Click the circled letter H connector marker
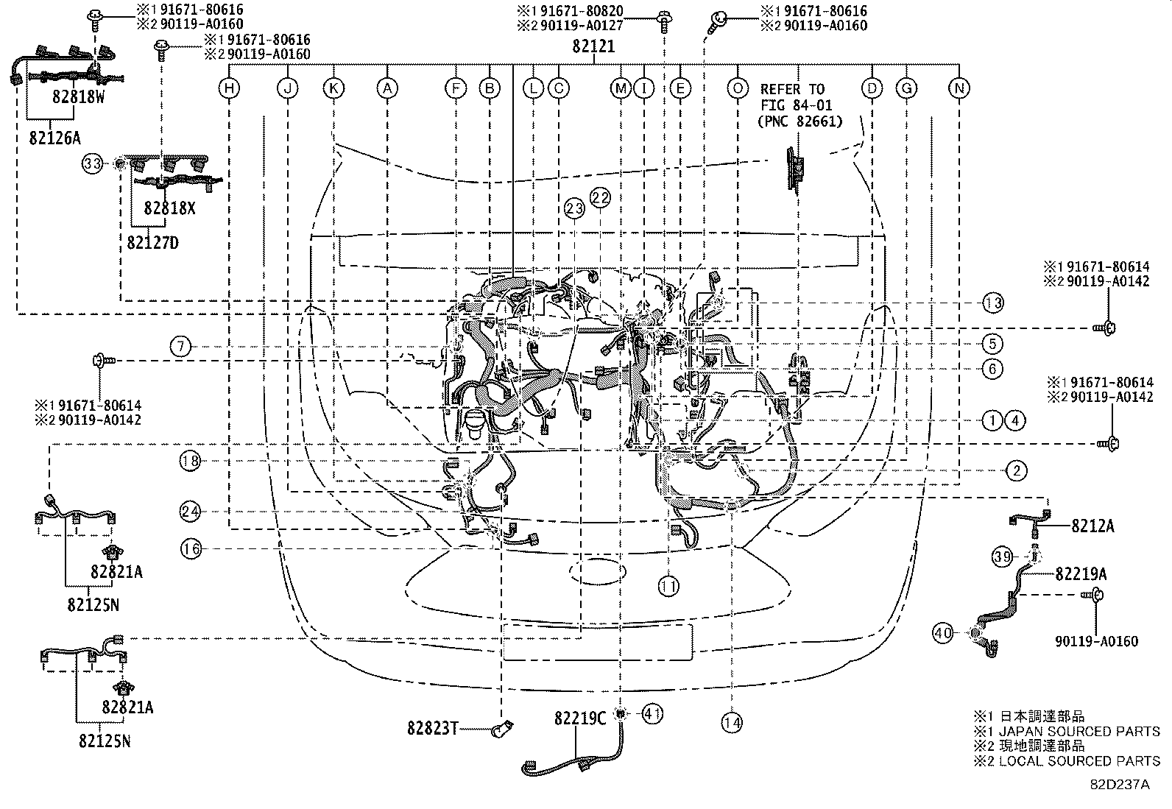[x=230, y=89]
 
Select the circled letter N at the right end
[x=959, y=89]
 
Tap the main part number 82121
[x=593, y=46]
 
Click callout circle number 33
[x=92, y=163]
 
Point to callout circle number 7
[x=181, y=346]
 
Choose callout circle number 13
[x=992, y=303]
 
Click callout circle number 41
[x=652, y=713]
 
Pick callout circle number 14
[x=732, y=723]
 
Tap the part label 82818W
[x=78, y=96]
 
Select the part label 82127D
[x=152, y=241]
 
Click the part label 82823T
[x=432, y=728]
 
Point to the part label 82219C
[x=580, y=718]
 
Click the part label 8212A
[x=1092, y=526]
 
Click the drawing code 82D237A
[x=1120, y=784]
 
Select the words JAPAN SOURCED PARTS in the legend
[x=1079, y=731]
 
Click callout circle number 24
[x=190, y=511]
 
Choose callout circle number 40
[x=943, y=632]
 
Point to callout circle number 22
[x=600, y=197]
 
